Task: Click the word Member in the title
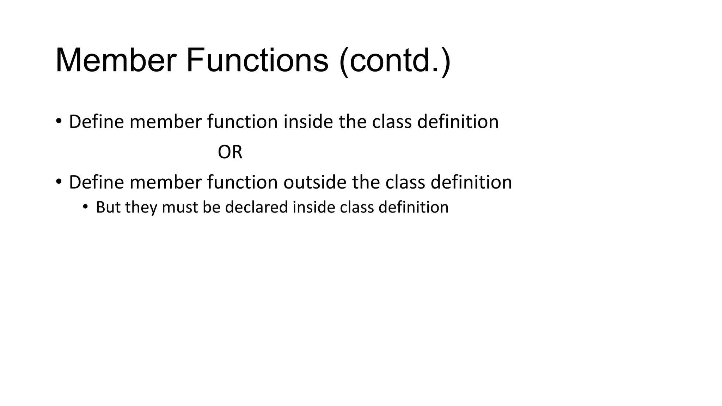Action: (x=116, y=61)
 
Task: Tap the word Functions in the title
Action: (x=257, y=61)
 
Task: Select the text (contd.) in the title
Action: (x=394, y=61)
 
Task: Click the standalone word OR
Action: (x=230, y=152)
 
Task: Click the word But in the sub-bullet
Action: (x=108, y=207)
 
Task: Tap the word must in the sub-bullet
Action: (x=180, y=207)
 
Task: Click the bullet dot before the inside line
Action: (x=59, y=121)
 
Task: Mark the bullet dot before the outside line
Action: (x=59, y=182)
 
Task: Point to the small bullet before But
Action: (x=85, y=207)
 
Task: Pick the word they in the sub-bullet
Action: (x=141, y=207)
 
